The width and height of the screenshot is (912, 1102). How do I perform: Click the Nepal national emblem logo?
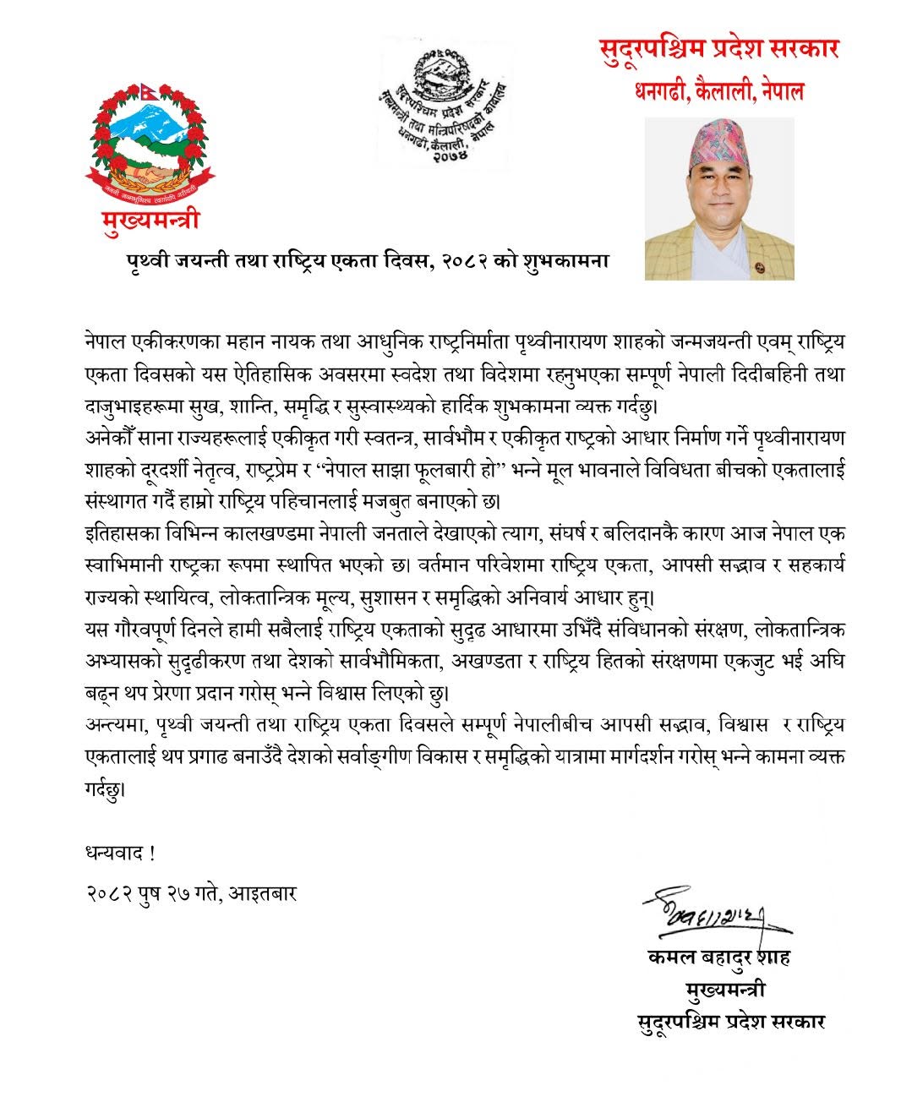149,144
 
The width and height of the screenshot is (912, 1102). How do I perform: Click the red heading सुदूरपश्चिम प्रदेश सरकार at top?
718,49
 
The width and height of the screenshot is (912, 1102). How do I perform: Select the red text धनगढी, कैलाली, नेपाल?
718,90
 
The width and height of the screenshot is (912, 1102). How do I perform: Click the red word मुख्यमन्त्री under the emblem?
149,221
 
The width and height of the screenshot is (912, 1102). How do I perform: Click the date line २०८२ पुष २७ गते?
153,893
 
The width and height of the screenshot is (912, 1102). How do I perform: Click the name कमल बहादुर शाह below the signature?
718,957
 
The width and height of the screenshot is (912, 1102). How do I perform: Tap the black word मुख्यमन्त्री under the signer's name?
726,989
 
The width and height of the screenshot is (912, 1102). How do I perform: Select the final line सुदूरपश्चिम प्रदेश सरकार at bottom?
730,1021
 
